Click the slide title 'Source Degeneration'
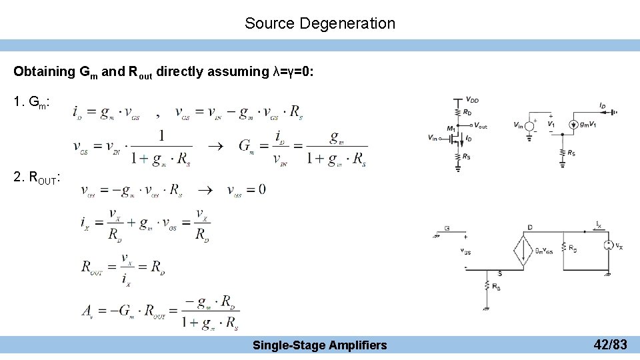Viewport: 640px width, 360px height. coord(319,23)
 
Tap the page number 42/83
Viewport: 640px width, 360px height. coord(610,345)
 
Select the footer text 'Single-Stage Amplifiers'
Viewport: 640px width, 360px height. coord(319,345)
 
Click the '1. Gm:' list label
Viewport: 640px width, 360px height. coord(31,103)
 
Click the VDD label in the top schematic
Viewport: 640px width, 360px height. coord(473,100)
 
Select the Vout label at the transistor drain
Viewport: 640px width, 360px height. coord(480,125)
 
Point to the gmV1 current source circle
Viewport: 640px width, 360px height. coord(573,125)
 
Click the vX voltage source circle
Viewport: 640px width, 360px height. coord(608,245)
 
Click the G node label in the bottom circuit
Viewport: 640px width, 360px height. coord(447,229)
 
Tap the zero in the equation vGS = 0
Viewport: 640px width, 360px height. coord(261,189)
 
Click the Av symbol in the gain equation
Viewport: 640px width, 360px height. coord(87,311)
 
